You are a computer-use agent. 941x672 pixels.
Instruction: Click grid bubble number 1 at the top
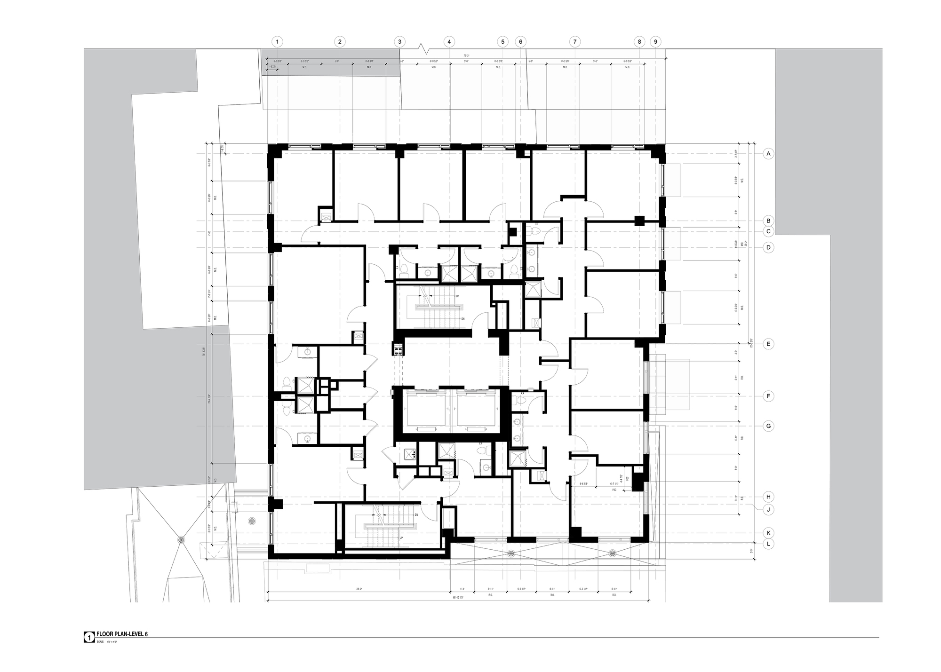(277, 42)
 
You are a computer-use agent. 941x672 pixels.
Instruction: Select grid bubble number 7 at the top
(574, 42)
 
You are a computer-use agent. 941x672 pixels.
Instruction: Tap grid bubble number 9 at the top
(655, 42)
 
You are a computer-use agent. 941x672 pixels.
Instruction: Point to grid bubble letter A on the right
(768, 154)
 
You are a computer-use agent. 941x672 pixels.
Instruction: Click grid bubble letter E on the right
(768, 344)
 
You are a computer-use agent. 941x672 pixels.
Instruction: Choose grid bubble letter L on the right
(768, 544)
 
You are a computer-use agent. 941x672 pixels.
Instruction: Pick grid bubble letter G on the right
(768, 426)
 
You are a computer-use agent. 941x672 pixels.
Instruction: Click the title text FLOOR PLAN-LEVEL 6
(122, 634)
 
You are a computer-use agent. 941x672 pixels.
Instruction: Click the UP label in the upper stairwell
(457, 296)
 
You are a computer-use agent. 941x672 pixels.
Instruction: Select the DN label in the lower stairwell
(416, 515)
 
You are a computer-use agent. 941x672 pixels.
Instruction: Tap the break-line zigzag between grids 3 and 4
(425, 48)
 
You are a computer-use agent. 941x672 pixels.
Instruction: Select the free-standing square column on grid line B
(638, 221)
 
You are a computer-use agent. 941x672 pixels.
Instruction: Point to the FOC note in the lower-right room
(614, 490)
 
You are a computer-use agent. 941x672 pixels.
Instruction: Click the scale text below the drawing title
(106, 641)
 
